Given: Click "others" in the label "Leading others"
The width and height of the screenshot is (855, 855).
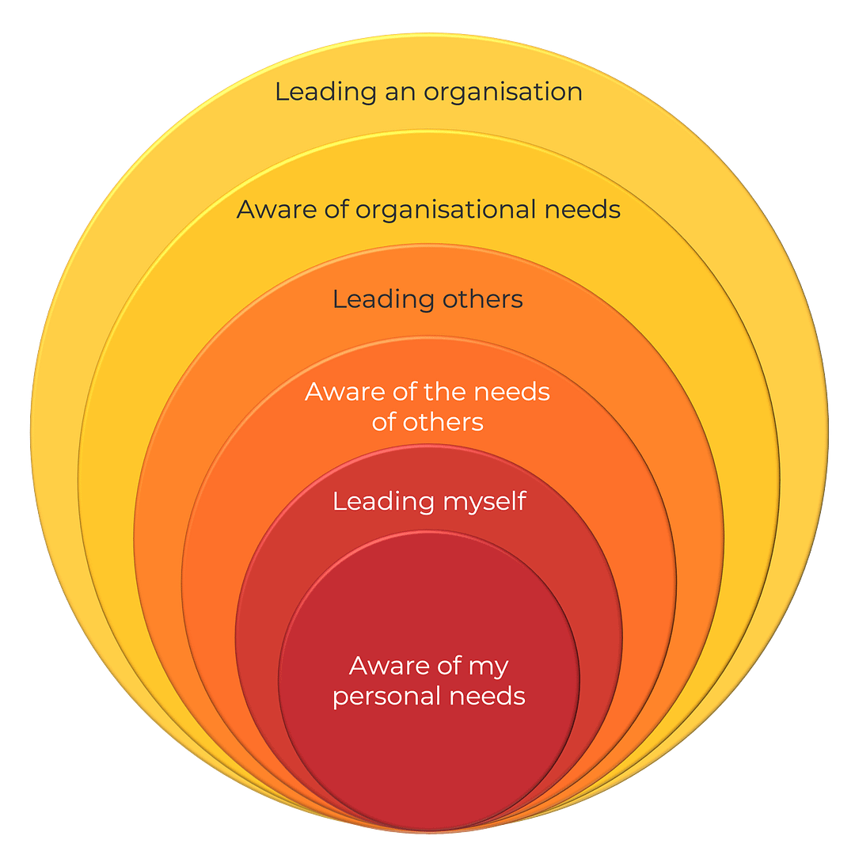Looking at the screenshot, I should click(x=482, y=300).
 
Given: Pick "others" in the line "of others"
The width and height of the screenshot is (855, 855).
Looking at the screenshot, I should click(x=443, y=422).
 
